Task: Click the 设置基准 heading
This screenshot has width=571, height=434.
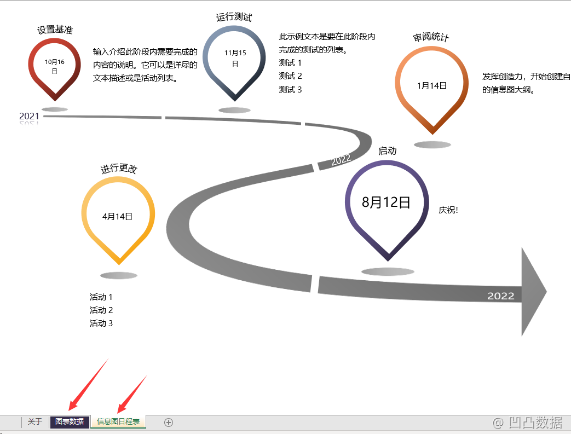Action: (x=55, y=30)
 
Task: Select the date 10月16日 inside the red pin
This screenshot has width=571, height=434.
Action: (x=55, y=66)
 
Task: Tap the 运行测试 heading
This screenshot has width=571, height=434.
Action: (x=234, y=18)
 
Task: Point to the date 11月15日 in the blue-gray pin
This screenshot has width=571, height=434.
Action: (x=235, y=58)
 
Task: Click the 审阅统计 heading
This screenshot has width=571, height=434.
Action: (x=431, y=37)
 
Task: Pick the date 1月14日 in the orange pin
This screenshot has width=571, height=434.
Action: (x=431, y=85)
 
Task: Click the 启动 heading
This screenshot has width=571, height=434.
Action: (x=388, y=151)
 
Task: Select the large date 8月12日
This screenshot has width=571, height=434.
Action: (x=386, y=202)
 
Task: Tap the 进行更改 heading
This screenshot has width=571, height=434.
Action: (x=118, y=169)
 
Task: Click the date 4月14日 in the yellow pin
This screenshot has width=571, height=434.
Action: (x=118, y=216)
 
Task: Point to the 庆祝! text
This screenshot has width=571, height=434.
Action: (x=448, y=210)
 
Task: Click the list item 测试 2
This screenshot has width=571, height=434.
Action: (x=290, y=76)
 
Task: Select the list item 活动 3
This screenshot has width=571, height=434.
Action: (x=101, y=323)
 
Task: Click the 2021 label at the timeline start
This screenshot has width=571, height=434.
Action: (x=29, y=116)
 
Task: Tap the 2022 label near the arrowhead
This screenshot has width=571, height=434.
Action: (x=501, y=296)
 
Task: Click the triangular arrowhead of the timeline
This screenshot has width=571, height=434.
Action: (x=532, y=291)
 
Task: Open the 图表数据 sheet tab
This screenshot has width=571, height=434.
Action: (x=70, y=421)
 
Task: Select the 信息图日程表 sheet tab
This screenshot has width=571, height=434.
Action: (x=118, y=421)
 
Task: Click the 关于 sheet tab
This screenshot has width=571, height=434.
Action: (x=35, y=421)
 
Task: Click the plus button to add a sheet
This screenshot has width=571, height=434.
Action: (x=169, y=422)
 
